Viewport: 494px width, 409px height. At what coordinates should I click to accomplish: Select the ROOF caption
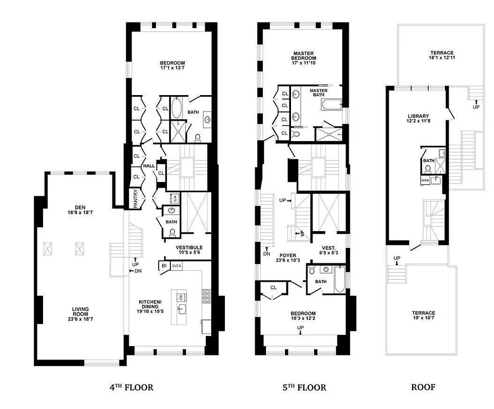point(423,388)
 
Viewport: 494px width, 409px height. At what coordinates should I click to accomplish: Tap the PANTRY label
point(136,200)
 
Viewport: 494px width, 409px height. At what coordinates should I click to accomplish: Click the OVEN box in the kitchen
point(176,266)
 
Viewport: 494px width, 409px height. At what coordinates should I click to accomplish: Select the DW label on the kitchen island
point(181,297)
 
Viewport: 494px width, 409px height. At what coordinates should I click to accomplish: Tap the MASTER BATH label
point(319,93)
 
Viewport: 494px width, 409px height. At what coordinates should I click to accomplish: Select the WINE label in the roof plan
point(425,180)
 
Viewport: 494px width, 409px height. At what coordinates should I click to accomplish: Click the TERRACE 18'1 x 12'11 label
point(441,55)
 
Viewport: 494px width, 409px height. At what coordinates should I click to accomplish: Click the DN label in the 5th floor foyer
point(266,253)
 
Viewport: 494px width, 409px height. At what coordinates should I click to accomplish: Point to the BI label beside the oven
point(164,266)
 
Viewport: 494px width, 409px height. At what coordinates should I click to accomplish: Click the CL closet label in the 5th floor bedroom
point(274,287)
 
